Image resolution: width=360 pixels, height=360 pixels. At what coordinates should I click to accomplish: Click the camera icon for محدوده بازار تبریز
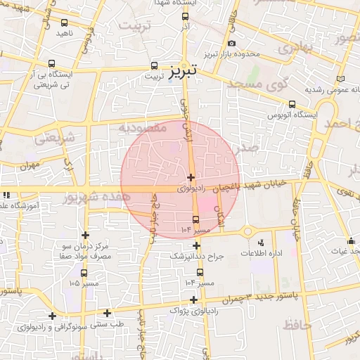click(231, 44)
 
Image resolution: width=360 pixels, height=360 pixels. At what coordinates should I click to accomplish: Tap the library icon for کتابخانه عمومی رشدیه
click(341, 79)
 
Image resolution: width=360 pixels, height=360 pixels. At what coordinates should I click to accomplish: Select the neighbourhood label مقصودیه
click(142, 129)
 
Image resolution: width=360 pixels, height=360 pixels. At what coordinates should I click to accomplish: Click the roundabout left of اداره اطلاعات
click(247, 232)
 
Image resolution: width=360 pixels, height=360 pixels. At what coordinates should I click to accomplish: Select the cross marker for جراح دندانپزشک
click(196, 245)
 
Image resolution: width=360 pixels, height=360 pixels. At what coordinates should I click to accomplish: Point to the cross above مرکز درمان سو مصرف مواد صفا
click(86, 235)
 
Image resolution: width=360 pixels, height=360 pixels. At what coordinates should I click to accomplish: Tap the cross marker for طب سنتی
click(108, 313)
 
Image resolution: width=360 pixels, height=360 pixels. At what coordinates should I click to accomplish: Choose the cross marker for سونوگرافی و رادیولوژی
click(52, 316)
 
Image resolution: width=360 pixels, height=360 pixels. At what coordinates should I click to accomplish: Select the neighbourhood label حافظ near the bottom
click(297, 324)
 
